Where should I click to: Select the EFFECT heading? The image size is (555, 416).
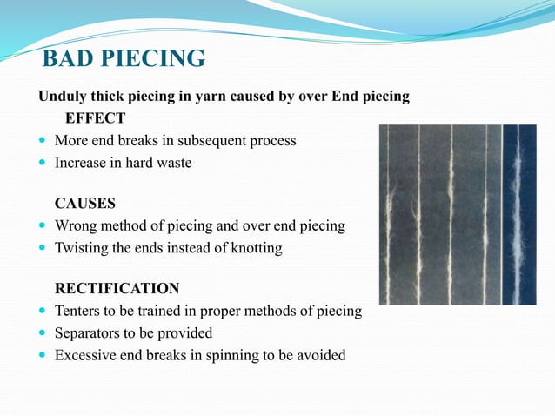click(96, 117)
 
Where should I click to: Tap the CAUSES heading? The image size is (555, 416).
click(85, 204)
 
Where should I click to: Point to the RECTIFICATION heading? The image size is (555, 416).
click(117, 288)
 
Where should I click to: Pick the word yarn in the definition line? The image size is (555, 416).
click(204, 96)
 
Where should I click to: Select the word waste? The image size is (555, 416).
click(172, 162)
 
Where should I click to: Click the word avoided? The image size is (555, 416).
click(319, 354)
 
